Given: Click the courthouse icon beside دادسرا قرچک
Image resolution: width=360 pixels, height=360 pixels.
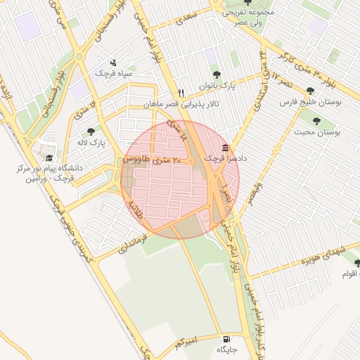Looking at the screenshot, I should (x=225, y=148).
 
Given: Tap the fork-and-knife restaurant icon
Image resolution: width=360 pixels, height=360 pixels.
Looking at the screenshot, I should (x=181, y=92).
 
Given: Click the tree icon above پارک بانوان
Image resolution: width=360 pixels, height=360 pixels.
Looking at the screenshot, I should (x=216, y=75).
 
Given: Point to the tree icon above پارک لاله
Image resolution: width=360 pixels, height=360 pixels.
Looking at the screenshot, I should (x=91, y=131).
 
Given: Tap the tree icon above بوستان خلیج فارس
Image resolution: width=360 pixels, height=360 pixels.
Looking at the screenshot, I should (x=310, y=91).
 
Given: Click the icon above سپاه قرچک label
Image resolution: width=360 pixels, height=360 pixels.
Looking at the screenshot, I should (x=114, y=63).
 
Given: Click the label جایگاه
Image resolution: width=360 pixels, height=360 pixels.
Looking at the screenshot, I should (x=228, y=349).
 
